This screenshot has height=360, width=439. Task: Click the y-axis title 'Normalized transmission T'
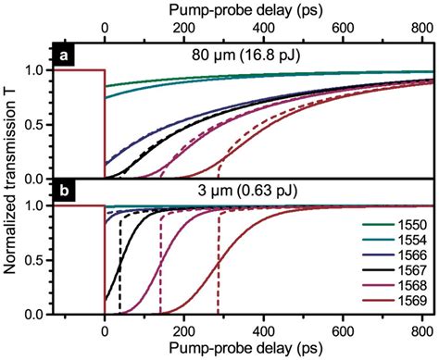point(11,180)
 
